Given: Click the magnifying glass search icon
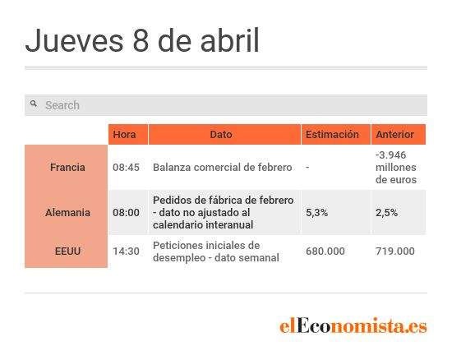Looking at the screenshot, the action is click(34, 104).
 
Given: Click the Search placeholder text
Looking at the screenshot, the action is click(62, 105).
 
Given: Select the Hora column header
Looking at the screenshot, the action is click(124, 134).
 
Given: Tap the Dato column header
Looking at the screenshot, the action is click(221, 134).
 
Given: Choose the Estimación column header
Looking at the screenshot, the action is click(332, 134).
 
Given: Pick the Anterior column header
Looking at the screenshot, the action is click(395, 134).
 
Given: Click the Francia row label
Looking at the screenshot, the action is click(67, 167).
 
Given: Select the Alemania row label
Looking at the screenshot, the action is click(67, 212).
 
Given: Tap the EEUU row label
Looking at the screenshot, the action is click(67, 251).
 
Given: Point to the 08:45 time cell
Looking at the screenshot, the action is click(126, 167).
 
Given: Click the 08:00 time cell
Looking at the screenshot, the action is click(126, 212).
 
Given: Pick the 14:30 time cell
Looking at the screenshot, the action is click(126, 251).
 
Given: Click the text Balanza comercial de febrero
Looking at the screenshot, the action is click(222, 167).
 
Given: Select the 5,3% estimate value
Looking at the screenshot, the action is click(316, 212).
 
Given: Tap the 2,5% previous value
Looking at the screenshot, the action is click(386, 212).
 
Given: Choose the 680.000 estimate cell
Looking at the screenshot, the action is click(325, 251).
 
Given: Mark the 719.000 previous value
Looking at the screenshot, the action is click(395, 251).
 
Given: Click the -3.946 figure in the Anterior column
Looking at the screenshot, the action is click(390, 155).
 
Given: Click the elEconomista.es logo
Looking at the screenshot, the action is click(353, 325).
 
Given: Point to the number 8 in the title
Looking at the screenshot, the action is click(141, 40).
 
